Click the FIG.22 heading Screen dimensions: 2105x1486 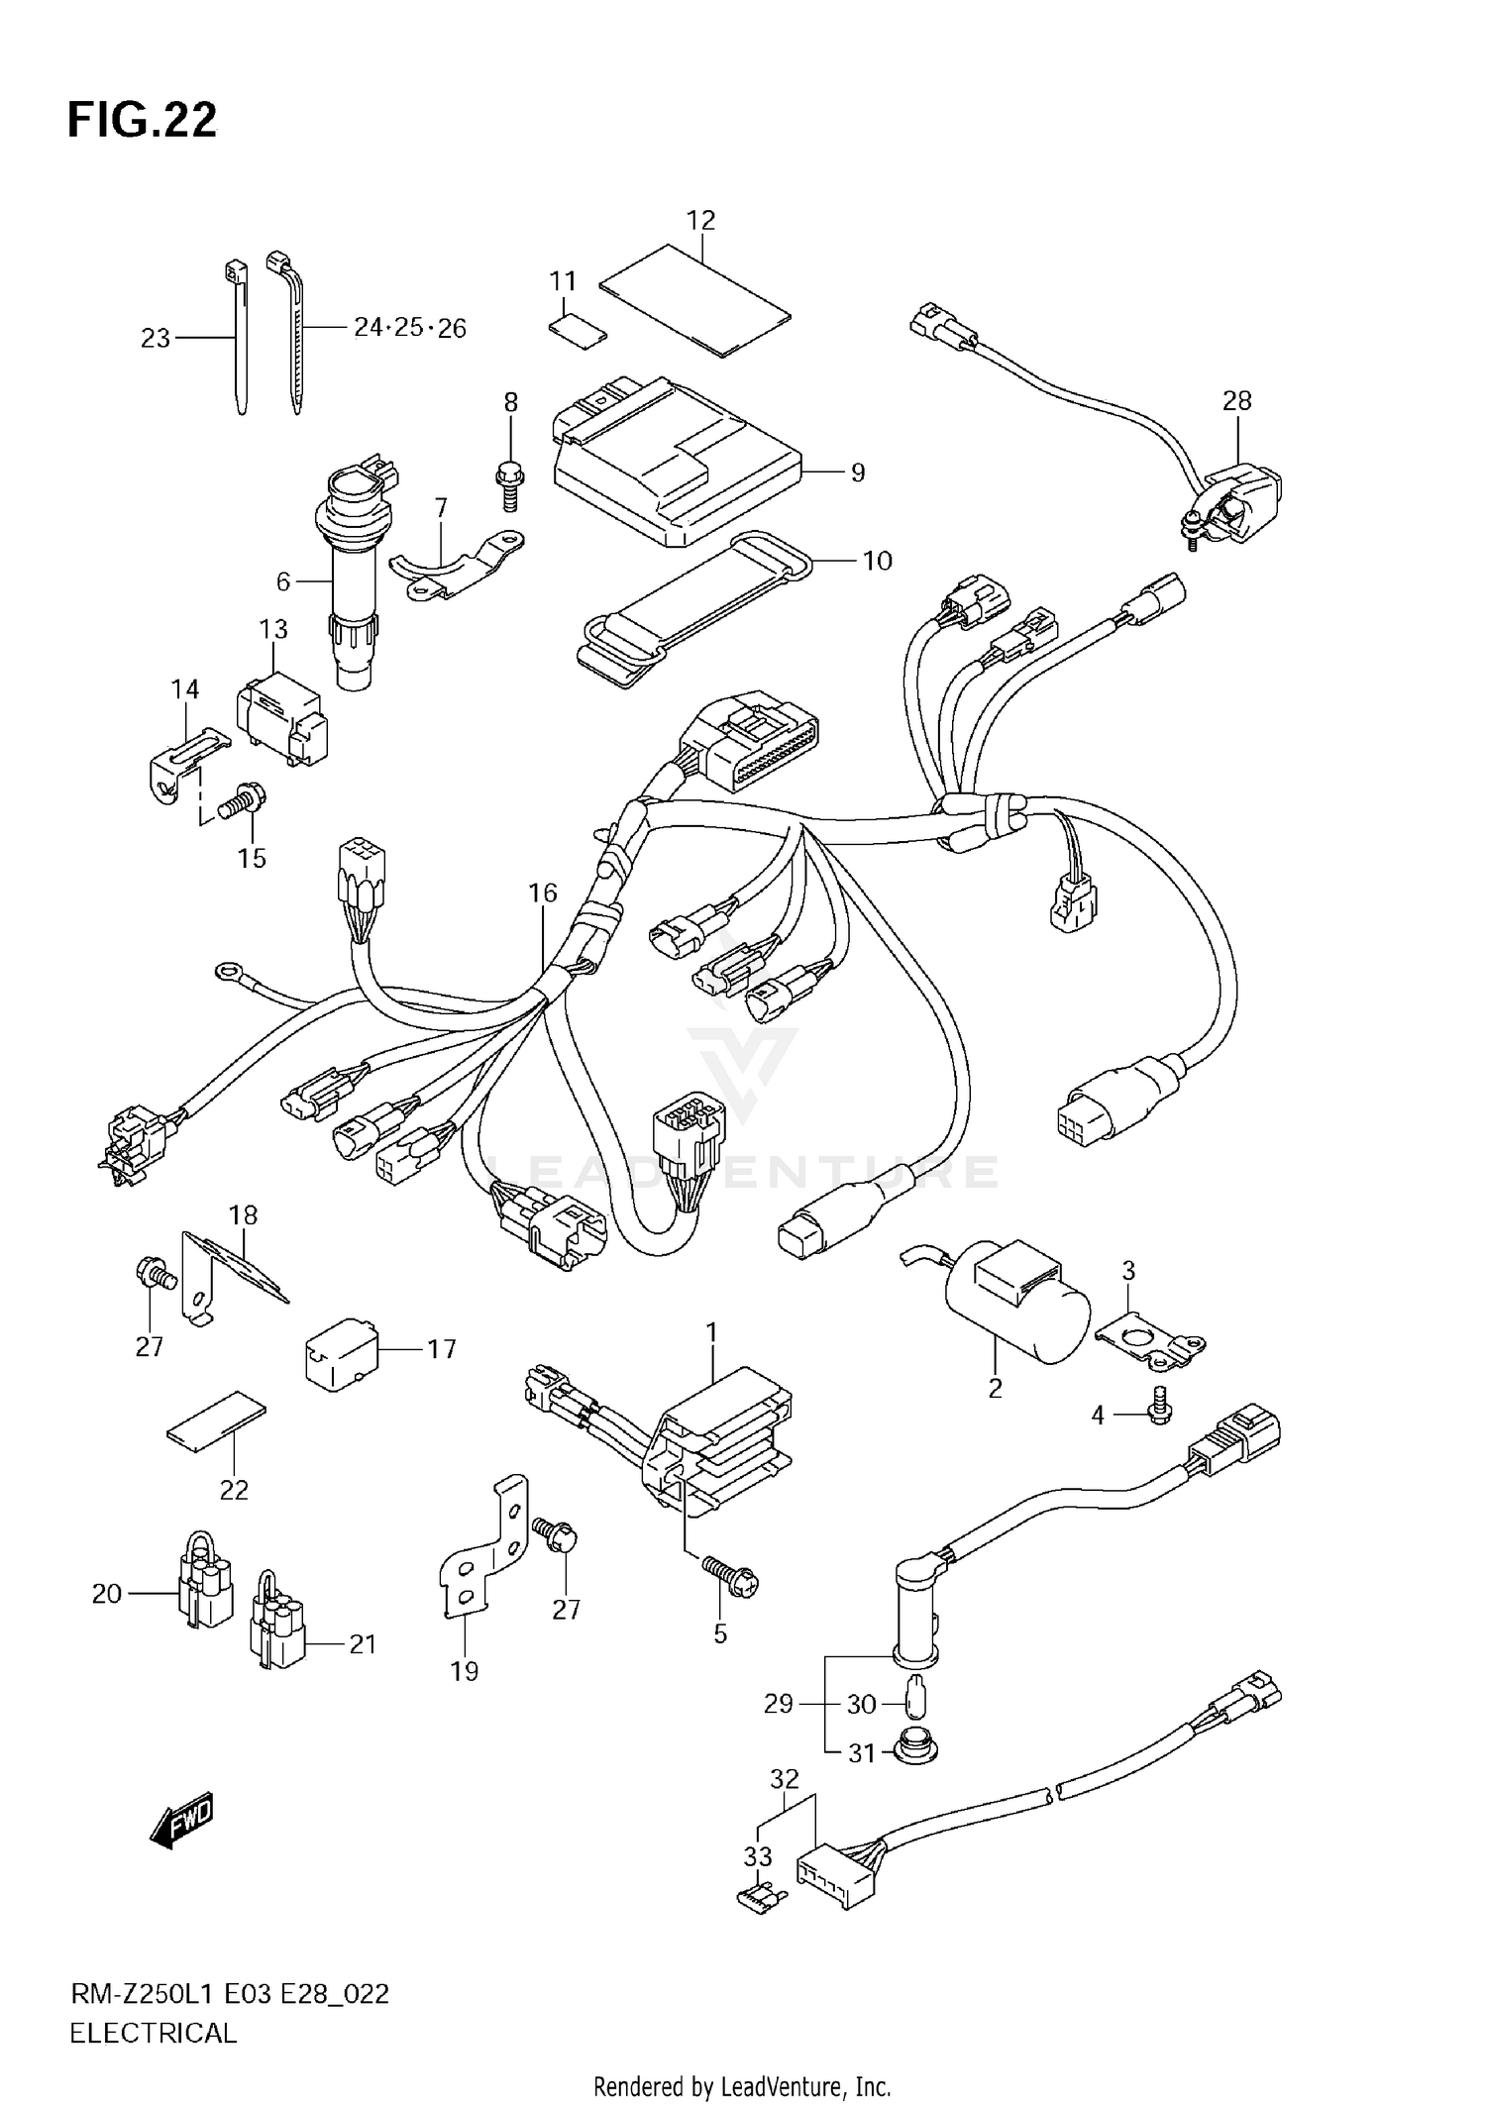142,120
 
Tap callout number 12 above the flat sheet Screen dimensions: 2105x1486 700,220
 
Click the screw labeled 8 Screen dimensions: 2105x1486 509,484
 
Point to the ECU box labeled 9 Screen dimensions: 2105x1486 674,466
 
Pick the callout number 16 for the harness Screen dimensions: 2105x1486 542,893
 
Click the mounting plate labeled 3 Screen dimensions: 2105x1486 1149,1342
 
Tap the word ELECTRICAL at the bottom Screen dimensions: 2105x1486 154,2034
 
